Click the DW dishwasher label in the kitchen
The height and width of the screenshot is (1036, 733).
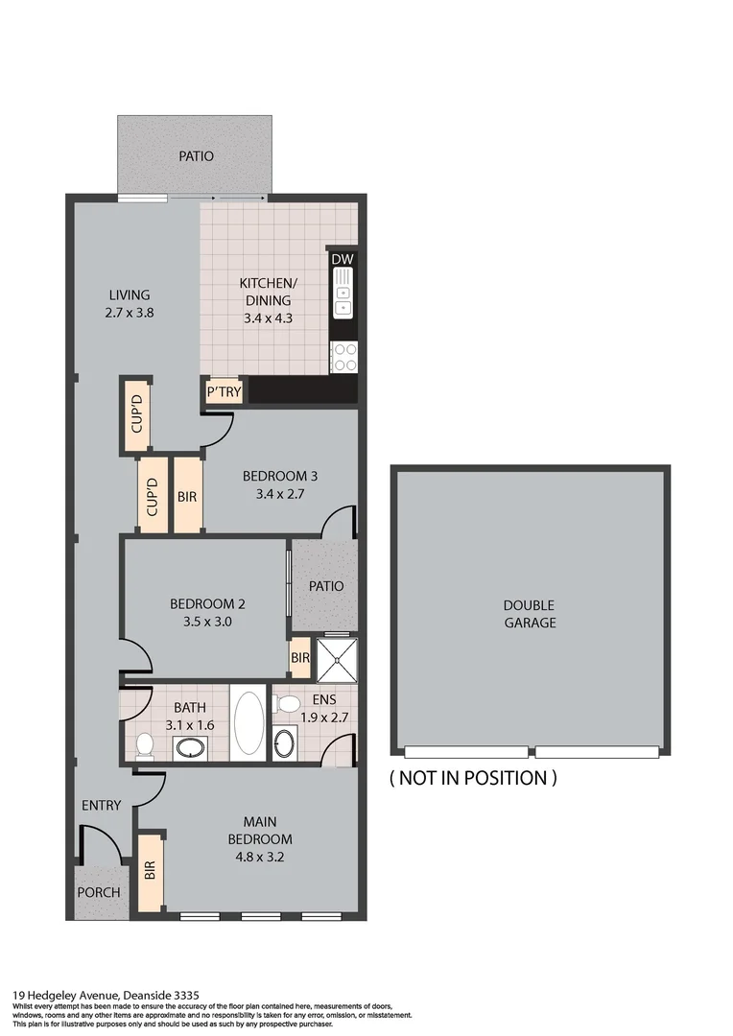pyautogui.click(x=342, y=259)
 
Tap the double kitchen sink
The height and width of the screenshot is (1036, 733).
pyautogui.click(x=343, y=294)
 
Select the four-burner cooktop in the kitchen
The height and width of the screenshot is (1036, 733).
pyautogui.click(x=343, y=357)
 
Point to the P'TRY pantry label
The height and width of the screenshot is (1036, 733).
pyautogui.click(x=225, y=391)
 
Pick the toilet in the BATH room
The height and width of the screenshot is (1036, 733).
pyautogui.click(x=145, y=745)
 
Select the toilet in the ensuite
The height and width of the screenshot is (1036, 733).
pyautogui.click(x=285, y=704)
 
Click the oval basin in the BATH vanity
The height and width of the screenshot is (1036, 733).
pyautogui.click(x=191, y=748)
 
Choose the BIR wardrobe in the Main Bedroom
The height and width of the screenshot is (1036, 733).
pyautogui.click(x=150, y=871)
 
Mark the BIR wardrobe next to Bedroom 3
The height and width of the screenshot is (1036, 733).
pyautogui.click(x=187, y=496)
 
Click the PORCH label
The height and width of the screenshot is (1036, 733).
pyautogui.click(x=99, y=892)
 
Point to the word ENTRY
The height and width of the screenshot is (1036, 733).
pyautogui.click(x=102, y=805)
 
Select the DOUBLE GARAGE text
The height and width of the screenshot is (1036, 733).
pyautogui.click(x=530, y=614)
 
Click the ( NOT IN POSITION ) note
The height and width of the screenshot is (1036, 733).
pyautogui.click(x=472, y=778)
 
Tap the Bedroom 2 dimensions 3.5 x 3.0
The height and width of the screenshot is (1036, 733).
pyautogui.click(x=207, y=621)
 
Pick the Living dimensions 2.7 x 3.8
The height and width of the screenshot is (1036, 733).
pyautogui.click(x=129, y=312)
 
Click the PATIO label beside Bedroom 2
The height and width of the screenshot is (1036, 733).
pyautogui.click(x=325, y=586)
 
